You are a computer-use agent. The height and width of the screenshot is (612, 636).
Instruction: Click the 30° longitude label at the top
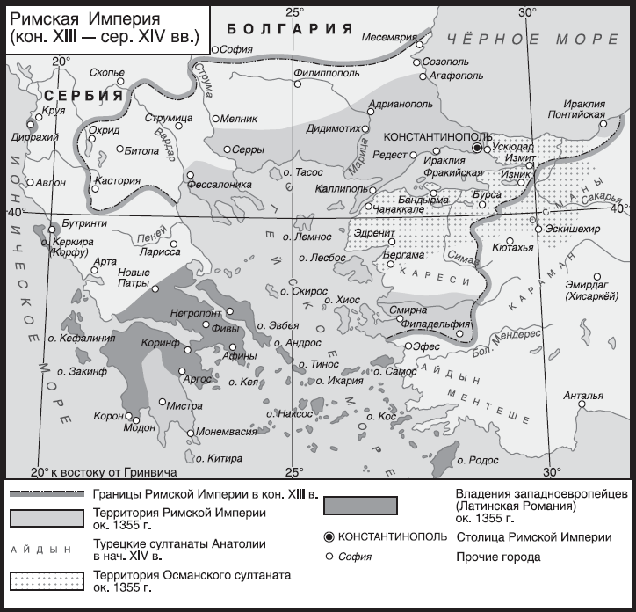point(526,11)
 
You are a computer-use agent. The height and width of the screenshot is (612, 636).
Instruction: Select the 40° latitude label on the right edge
point(619,208)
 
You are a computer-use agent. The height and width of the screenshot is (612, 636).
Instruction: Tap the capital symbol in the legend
point(329,535)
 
